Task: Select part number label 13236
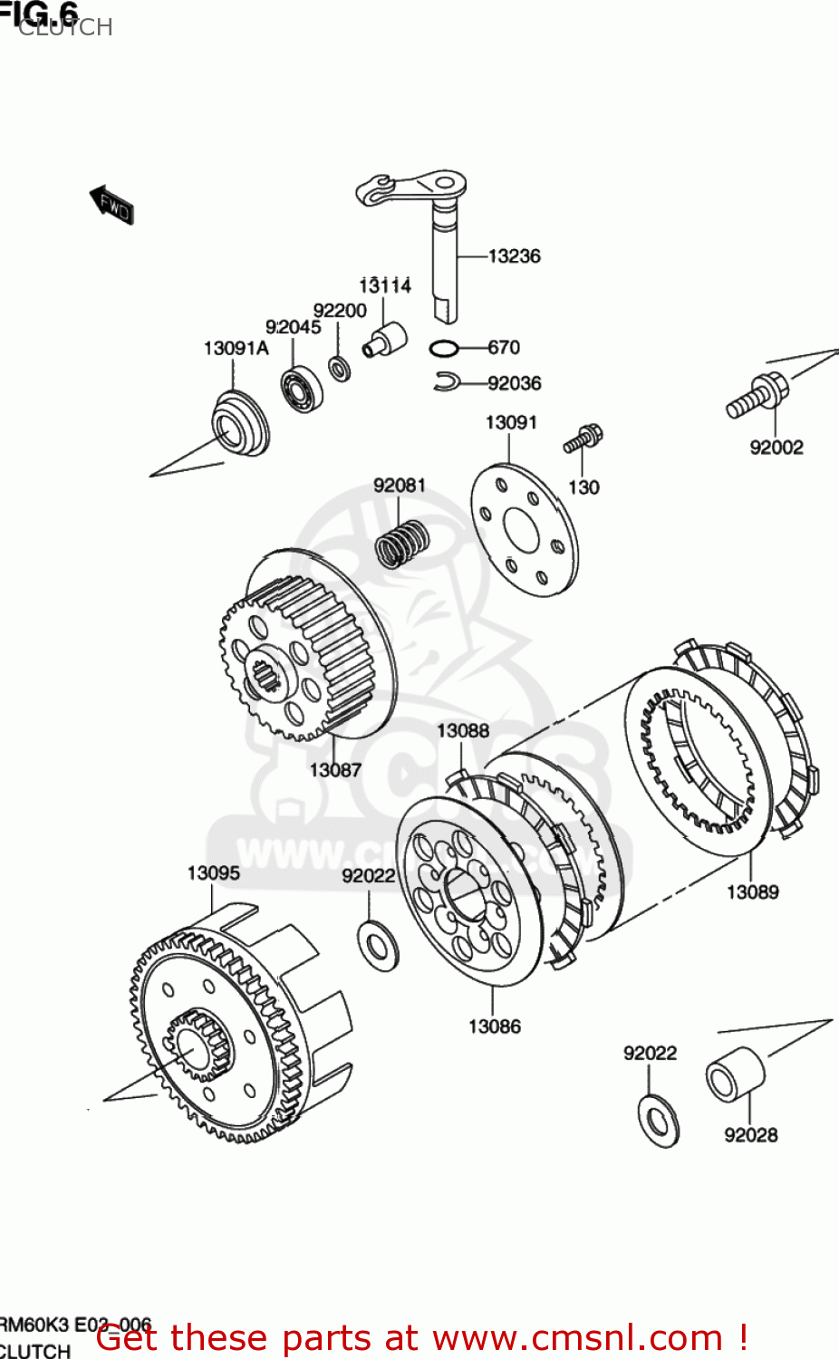(x=514, y=256)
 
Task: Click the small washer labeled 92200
(x=340, y=369)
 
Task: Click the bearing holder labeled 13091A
(x=239, y=423)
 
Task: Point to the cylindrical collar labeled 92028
(x=735, y=1075)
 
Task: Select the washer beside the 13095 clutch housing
(x=379, y=944)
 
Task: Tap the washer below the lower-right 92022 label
(x=659, y=1122)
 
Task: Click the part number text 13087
(x=335, y=770)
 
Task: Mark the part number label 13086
(x=494, y=1026)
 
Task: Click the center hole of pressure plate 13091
(x=521, y=529)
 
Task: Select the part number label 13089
(x=752, y=892)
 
